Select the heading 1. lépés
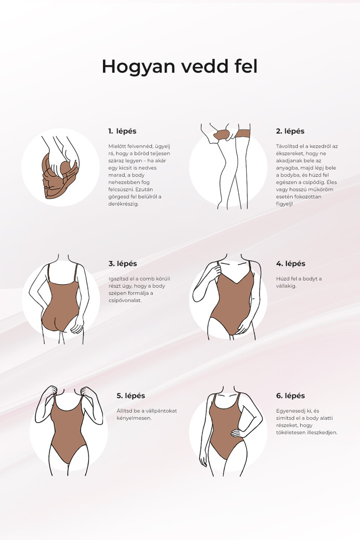point(122,131)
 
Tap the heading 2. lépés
point(290,131)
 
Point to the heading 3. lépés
point(123,264)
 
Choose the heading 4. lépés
point(290,264)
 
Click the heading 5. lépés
point(131,396)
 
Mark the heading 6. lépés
point(290,396)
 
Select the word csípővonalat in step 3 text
point(126,301)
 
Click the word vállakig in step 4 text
point(287,286)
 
